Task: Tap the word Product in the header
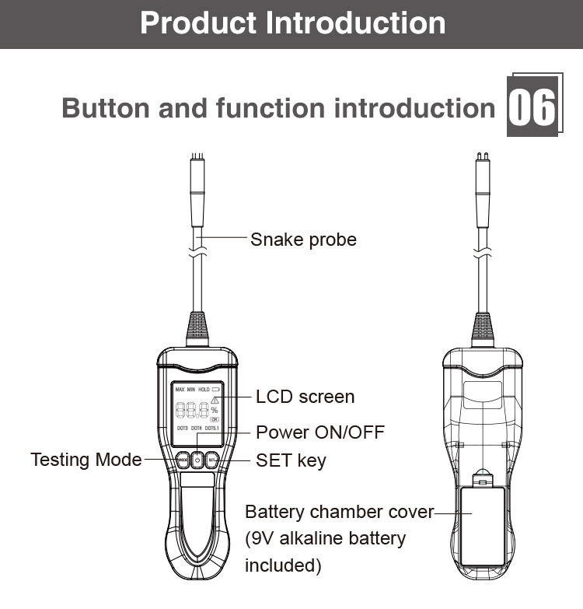click(199, 23)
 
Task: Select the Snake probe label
click(303, 240)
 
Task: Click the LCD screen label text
click(305, 397)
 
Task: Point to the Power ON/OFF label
click(320, 432)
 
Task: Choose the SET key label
click(291, 460)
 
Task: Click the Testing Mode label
click(86, 460)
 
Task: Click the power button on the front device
click(197, 460)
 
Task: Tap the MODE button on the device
click(183, 460)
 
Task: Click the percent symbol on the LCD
click(214, 411)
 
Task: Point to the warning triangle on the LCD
click(215, 400)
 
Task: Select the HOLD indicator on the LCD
click(204, 389)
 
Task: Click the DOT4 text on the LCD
click(197, 429)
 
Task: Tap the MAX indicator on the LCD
click(180, 389)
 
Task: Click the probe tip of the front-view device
click(198, 160)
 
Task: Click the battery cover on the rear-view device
click(482, 525)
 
